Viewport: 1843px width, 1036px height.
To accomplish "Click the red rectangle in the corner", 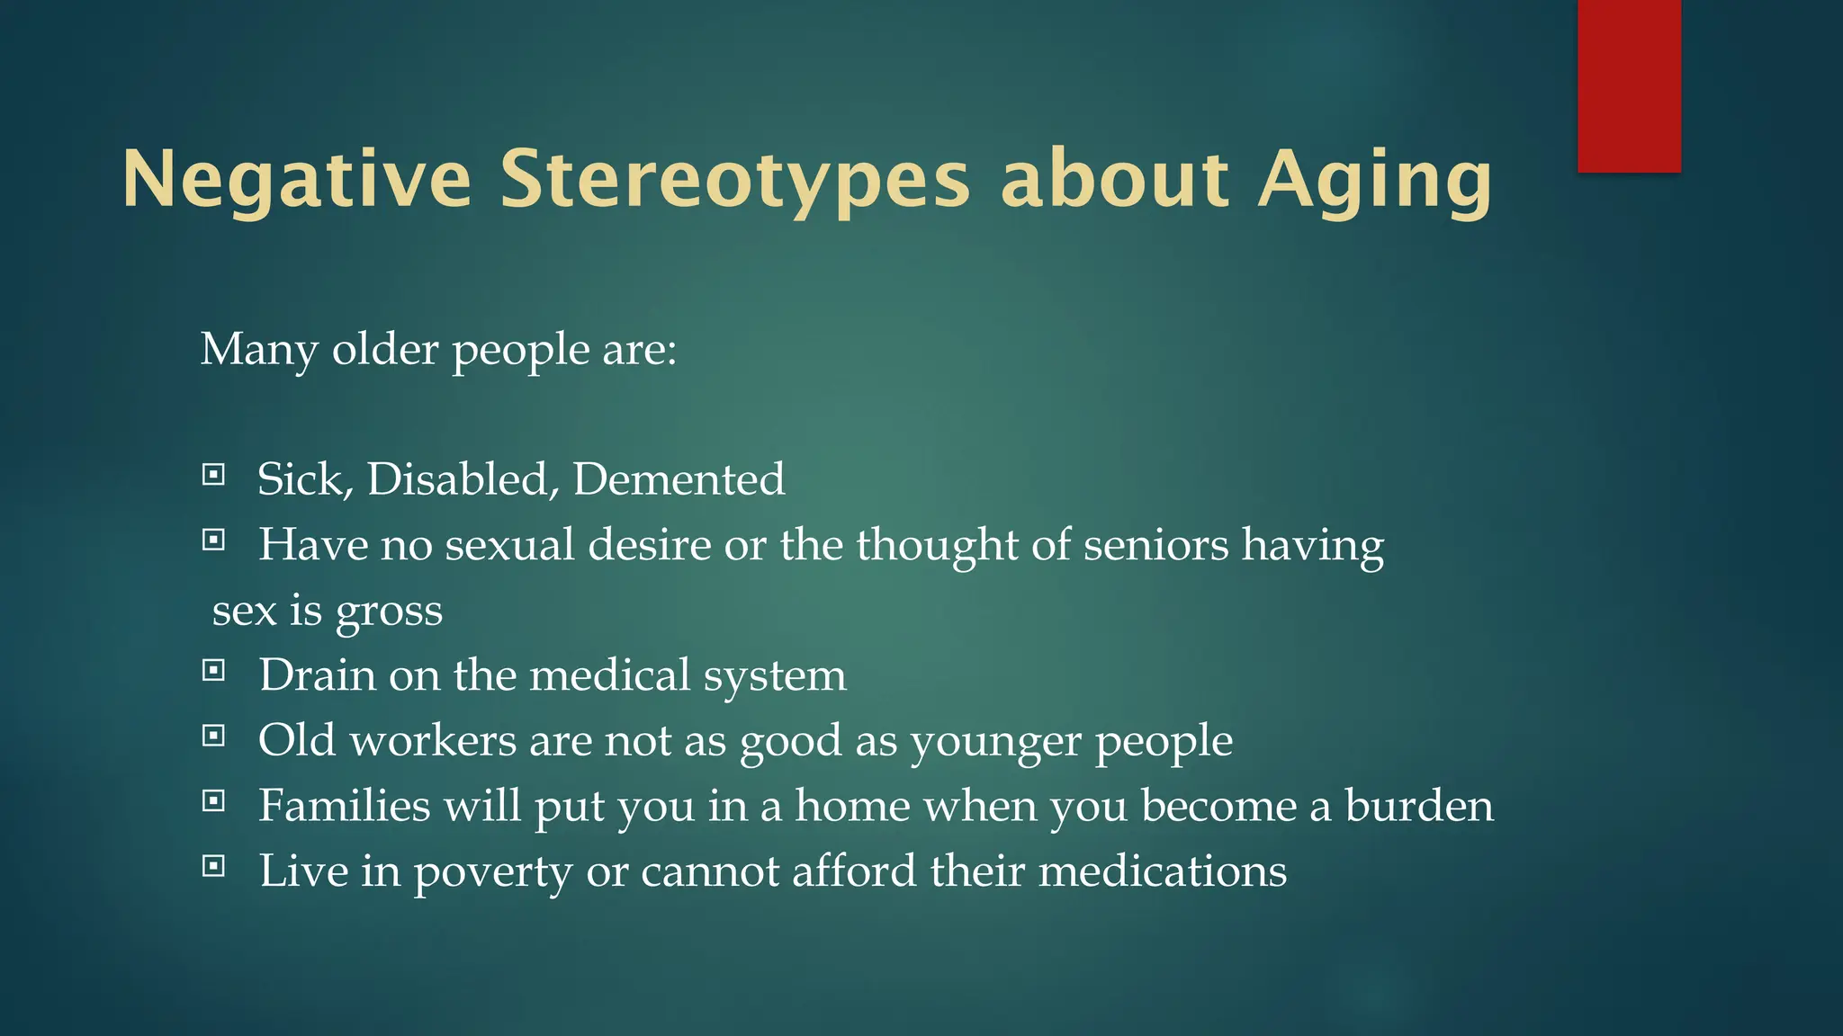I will click(x=1629, y=85).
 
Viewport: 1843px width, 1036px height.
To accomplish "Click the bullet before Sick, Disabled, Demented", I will click(x=213, y=474).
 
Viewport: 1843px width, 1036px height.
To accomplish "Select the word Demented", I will click(x=679, y=478).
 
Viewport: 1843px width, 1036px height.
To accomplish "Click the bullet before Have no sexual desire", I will click(x=213, y=540).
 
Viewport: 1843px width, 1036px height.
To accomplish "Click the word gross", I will click(x=389, y=612).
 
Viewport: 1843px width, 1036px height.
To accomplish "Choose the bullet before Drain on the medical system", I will click(x=213, y=670).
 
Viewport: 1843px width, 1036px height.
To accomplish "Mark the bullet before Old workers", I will click(x=213, y=736).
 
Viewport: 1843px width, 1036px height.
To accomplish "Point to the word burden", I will click(x=1419, y=806).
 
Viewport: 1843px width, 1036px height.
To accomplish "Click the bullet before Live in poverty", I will click(x=213, y=866).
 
